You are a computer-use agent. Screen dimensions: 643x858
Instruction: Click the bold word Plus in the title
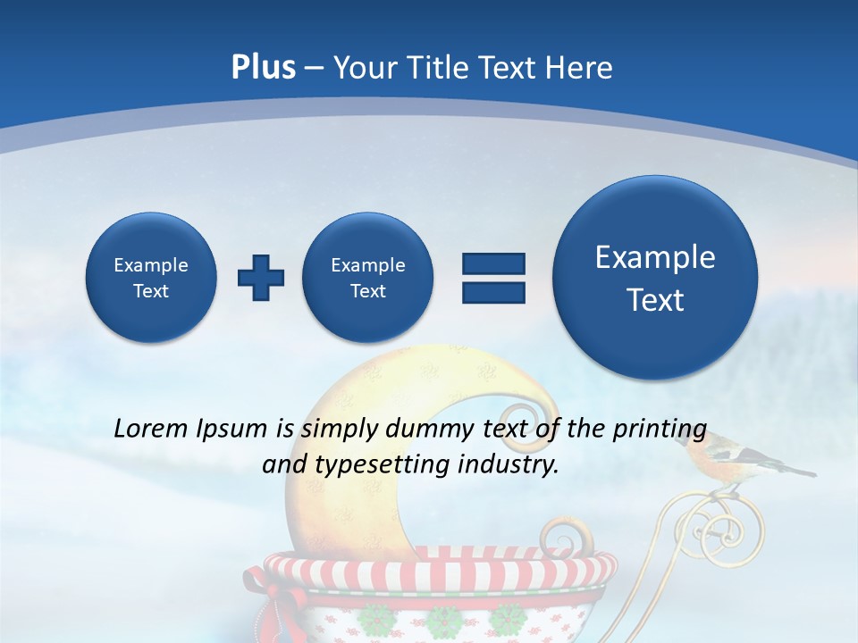point(263,68)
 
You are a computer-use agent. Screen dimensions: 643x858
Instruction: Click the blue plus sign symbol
point(261,278)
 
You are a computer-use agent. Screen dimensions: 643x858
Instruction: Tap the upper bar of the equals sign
point(493,263)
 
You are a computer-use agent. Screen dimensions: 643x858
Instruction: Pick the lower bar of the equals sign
point(493,292)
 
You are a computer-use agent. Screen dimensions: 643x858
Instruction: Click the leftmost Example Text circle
point(151,278)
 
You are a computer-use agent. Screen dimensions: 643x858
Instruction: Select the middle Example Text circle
point(368,278)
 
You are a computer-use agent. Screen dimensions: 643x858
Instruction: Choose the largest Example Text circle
point(655,278)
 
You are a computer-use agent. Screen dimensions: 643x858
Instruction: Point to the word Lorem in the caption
point(151,429)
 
